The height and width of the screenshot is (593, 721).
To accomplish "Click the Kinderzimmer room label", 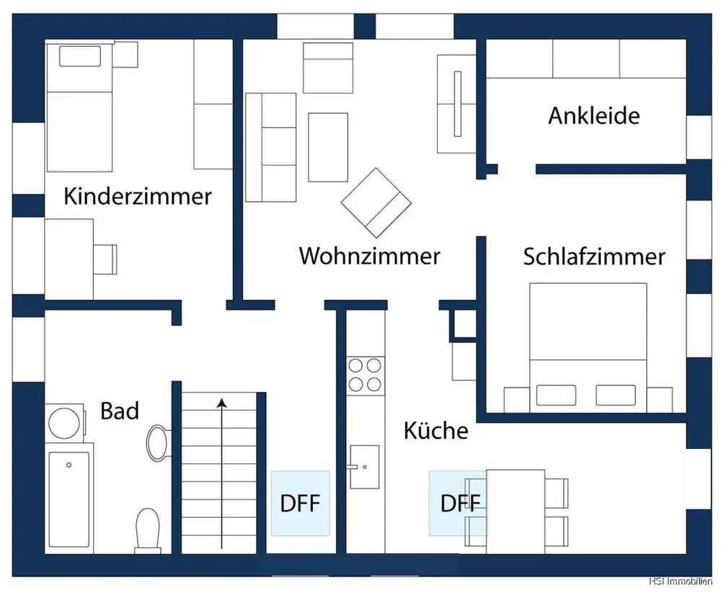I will point(138,196).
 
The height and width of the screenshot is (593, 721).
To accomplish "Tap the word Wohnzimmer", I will point(369,256).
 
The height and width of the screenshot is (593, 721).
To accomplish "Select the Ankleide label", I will point(593,115).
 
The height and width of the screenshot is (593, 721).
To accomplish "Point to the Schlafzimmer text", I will point(594,257).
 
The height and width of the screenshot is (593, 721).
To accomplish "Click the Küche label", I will point(435,431).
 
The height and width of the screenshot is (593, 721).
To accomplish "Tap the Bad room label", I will point(120,411).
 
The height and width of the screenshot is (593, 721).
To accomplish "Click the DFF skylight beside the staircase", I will point(300,503).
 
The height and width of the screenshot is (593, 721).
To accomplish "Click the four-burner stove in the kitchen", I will point(365,375).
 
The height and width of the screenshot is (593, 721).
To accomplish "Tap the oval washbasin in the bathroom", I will point(157,442).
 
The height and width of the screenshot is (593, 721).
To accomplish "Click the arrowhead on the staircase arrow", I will point(222,403).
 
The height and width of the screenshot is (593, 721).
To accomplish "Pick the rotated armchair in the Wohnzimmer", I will point(376,202).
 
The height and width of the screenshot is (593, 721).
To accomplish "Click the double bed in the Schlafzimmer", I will point(588,346).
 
